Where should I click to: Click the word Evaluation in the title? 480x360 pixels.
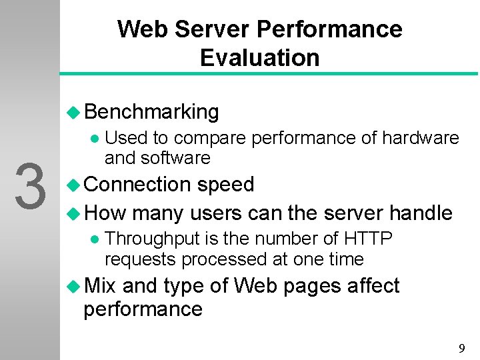(259, 58)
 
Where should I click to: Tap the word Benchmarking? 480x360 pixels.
(152, 112)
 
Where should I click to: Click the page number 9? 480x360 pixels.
(461, 348)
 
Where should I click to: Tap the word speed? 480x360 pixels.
(225, 185)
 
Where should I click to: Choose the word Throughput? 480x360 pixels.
(157, 238)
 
